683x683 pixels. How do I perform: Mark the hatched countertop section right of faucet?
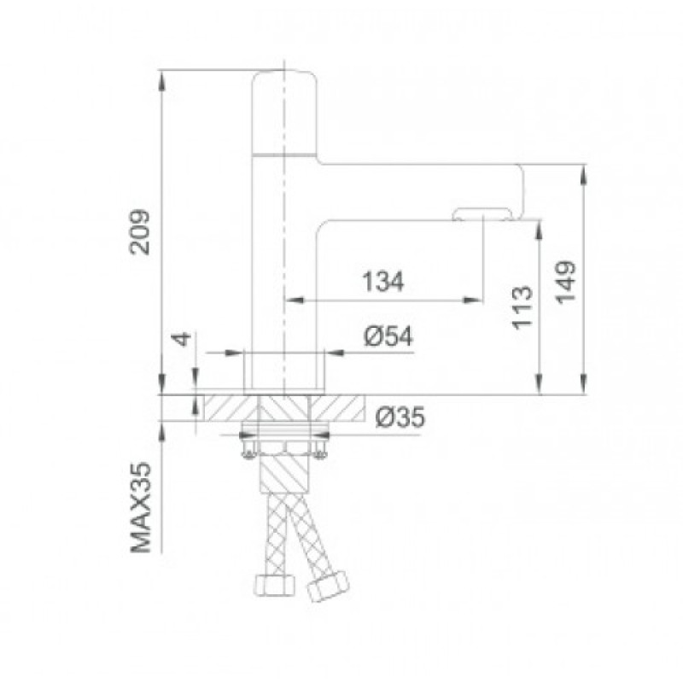coord(342,407)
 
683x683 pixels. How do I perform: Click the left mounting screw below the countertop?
coord(248,447)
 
